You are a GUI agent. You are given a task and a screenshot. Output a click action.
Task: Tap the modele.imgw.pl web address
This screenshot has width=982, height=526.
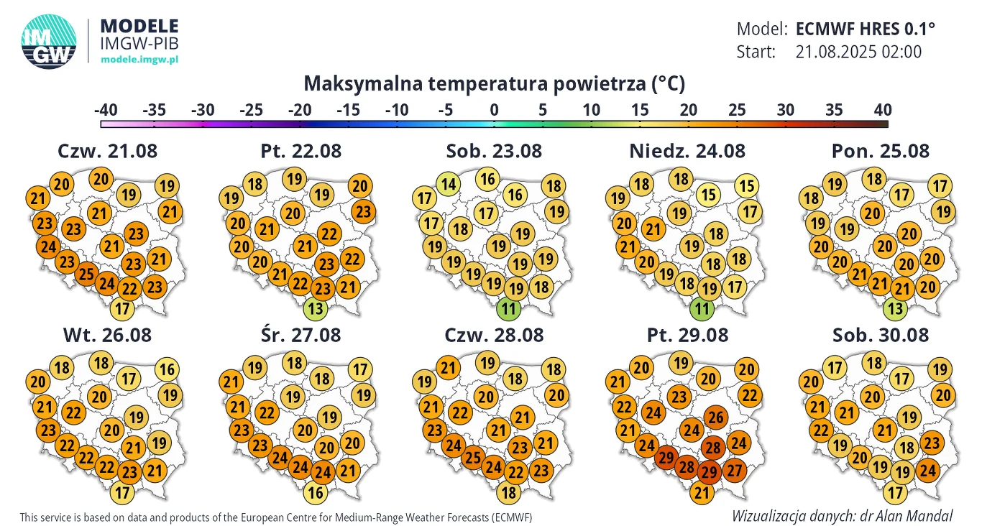[139, 59]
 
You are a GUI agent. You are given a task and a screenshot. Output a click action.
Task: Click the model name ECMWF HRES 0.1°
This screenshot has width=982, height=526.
[866, 29]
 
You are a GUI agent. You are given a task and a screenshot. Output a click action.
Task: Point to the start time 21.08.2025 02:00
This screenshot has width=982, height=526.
[859, 52]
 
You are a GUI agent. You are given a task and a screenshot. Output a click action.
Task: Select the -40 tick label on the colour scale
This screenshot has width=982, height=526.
[106, 110]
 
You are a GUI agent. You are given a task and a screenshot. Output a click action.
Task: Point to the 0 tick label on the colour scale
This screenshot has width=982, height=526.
[494, 110]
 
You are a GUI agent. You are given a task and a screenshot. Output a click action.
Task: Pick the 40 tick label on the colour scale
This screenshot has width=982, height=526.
[883, 110]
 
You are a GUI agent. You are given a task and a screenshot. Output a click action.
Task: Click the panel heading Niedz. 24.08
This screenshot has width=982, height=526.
[687, 151]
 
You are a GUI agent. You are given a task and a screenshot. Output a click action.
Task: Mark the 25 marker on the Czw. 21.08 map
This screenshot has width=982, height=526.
[87, 274]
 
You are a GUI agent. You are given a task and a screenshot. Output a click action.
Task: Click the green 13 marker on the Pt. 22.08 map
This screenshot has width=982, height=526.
[315, 310]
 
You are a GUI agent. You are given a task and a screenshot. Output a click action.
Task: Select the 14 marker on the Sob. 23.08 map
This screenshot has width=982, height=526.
[449, 185]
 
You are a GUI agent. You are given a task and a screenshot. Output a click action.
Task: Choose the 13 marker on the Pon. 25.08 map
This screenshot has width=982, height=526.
[894, 310]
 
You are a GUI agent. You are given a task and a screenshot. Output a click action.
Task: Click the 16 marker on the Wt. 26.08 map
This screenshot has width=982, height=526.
[167, 370]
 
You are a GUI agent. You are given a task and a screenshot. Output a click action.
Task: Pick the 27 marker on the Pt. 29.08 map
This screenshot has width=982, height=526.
[735, 471]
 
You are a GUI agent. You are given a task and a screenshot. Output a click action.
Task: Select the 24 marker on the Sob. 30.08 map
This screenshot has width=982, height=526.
[927, 470]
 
